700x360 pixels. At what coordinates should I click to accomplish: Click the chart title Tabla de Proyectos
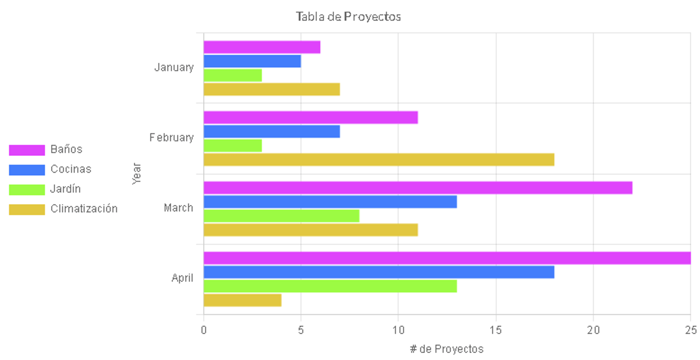click(x=348, y=17)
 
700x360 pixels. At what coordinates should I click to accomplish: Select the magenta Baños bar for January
click(x=262, y=47)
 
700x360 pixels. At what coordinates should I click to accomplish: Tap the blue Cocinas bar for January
click(x=252, y=61)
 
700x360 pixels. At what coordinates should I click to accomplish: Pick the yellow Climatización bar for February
click(x=379, y=160)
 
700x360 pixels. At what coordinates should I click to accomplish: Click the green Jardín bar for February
click(x=233, y=146)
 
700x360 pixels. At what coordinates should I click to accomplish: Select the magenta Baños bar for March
click(x=418, y=188)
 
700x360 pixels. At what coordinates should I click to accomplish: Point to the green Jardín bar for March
click(x=281, y=216)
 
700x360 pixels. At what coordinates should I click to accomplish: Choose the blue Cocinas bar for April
click(x=379, y=272)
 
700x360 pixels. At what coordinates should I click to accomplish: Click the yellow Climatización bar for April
click(x=242, y=300)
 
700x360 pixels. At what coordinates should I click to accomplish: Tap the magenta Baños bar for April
click(x=447, y=258)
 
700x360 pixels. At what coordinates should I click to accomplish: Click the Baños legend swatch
click(x=27, y=150)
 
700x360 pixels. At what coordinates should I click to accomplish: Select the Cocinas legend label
click(x=71, y=169)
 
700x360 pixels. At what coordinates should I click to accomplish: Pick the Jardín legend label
click(x=65, y=189)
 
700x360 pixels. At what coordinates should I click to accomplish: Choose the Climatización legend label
click(x=84, y=209)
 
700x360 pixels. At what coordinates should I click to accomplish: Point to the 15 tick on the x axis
click(x=495, y=330)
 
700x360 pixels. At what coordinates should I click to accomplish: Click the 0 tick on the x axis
click(x=203, y=330)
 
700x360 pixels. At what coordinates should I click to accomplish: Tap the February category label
click(x=171, y=138)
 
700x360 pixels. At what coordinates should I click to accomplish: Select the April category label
click(x=182, y=278)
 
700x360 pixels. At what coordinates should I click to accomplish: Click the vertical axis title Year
click(x=136, y=174)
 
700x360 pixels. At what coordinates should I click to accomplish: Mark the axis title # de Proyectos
click(x=447, y=349)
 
